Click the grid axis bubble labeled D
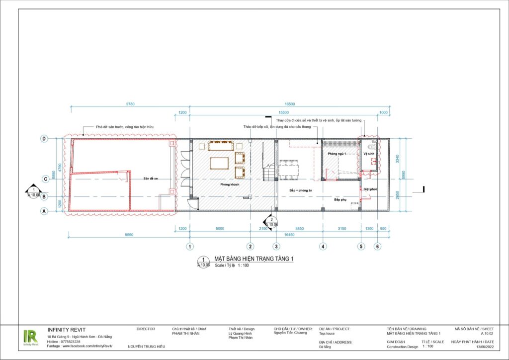click(44, 138)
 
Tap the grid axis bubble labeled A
click(44, 211)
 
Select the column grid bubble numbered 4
click(323, 246)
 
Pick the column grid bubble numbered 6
click(378, 246)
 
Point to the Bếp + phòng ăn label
click(301, 190)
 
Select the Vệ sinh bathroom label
click(368, 154)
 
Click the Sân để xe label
click(151, 178)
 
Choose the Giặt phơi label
click(370, 189)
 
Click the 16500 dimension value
click(290, 104)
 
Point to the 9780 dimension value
click(130, 104)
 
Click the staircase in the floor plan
click(269, 174)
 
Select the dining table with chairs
click(289, 169)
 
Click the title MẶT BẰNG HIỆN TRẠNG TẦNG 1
click(254, 259)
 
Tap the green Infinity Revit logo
click(30, 337)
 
